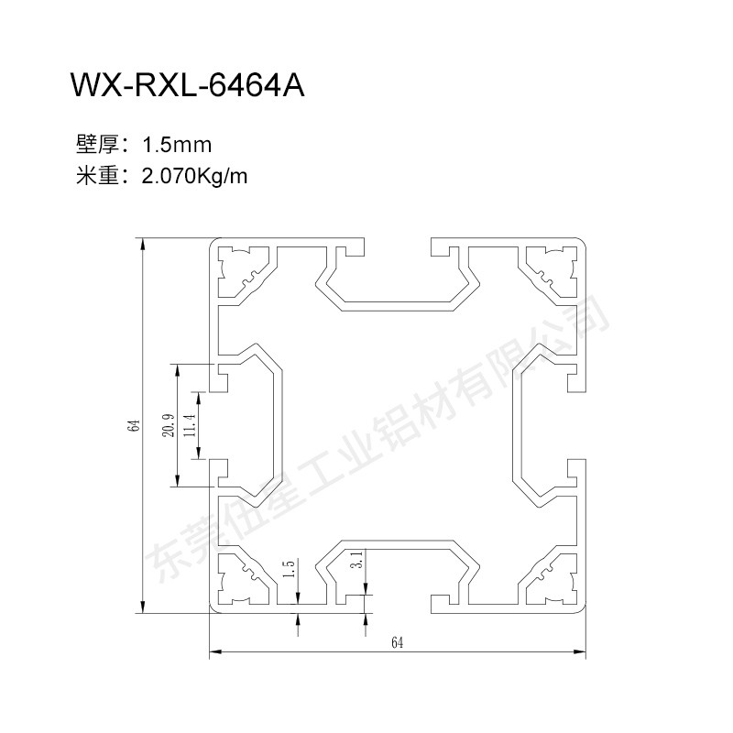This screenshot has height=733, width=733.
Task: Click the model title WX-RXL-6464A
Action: [188, 85]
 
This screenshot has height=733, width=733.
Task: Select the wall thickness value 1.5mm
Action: [177, 145]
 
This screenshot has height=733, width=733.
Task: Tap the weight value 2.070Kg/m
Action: [194, 177]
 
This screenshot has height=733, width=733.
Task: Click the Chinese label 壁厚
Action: [97, 145]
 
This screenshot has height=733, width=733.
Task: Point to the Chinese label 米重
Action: [97, 176]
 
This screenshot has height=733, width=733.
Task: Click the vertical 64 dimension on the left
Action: [135, 425]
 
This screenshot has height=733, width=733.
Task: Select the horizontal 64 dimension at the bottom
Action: [397, 643]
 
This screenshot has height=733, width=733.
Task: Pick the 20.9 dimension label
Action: [169, 425]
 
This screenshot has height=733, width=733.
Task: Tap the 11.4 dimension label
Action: [190, 425]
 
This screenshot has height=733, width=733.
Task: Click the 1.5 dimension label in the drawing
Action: [290, 569]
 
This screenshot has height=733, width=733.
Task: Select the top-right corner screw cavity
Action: [552, 272]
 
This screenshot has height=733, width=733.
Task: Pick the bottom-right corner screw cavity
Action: [552, 579]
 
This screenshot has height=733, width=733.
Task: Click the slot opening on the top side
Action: [398, 246]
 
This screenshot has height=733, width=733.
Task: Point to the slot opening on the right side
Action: [576, 425]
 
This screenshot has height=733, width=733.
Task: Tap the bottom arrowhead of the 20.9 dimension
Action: [177, 480]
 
